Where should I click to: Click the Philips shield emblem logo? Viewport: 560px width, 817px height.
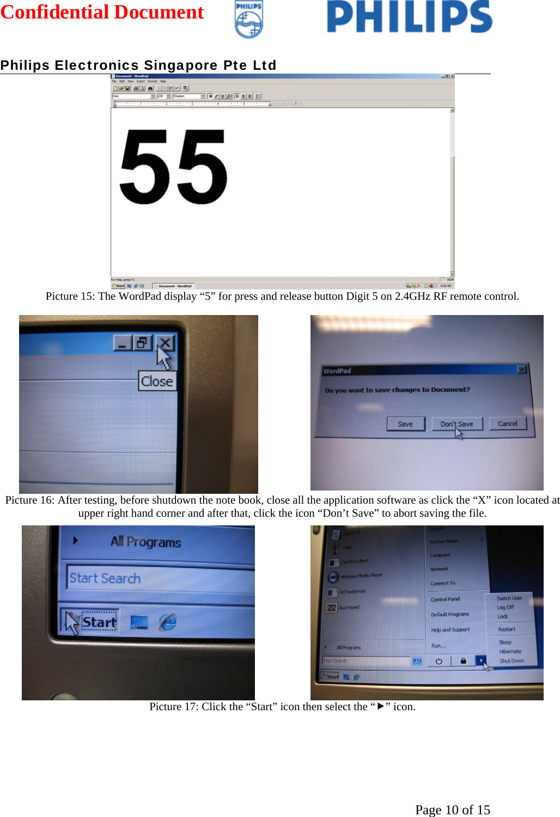(x=249, y=20)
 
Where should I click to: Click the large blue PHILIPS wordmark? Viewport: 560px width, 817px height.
(x=409, y=17)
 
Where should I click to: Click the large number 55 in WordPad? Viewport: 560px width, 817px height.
(x=173, y=167)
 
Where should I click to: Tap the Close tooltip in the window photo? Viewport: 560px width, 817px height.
(x=157, y=381)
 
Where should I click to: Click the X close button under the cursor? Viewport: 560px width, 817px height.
(x=165, y=343)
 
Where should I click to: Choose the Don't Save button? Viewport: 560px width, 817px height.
(x=456, y=423)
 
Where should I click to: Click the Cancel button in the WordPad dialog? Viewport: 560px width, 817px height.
(x=507, y=423)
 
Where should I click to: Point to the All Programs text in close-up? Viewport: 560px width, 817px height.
(x=145, y=542)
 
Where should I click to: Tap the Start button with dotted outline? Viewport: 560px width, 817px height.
(x=99, y=622)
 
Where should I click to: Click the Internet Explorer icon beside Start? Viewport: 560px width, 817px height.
(x=168, y=622)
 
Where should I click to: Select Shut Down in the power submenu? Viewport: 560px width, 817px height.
(x=512, y=661)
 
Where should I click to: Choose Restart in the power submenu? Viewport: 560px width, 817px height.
(x=506, y=629)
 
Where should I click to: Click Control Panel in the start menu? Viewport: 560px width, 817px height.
(x=445, y=599)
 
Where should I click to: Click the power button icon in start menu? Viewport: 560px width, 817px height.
(x=439, y=661)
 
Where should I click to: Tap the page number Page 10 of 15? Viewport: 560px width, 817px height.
(x=452, y=809)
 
